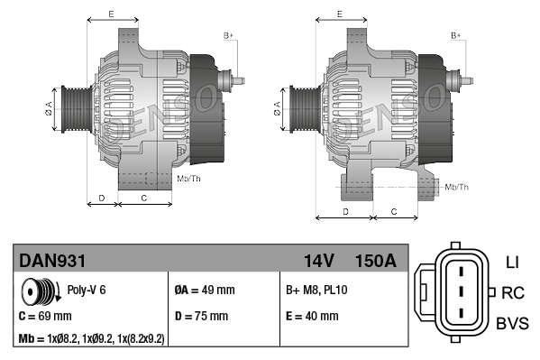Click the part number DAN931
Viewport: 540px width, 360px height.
pyautogui.click(x=52, y=261)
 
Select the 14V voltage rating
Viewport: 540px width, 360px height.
pyautogui.click(x=319, y=261)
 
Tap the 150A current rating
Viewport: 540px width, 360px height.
pyautogui.click(x=376, y=261)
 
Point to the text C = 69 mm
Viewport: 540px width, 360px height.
pyautogui.click(x=44, y=317)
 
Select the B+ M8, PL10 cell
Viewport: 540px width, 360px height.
pyautogui.click(x=316, y=291)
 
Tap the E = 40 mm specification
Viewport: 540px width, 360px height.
pyautogui.click(x=312, y=317)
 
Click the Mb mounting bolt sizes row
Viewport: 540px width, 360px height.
pyautogui.click(x=91, y=339)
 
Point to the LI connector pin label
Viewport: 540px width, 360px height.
pyautogui.click(x=512, y=263)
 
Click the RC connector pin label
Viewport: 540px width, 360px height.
pyautogui.click(x=512, y=292)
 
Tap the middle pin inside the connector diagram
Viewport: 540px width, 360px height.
pyautogui.click(x=459, y=292)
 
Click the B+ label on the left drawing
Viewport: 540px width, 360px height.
pyautogui.click(x=228, y=35)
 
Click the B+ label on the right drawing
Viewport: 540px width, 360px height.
pyautogui.click(x=456, y=35)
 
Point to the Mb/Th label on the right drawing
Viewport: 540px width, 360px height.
pyautogui.click(x=457, y=187)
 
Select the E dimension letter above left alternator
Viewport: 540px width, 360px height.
pyautogui.click(x=110, y=14)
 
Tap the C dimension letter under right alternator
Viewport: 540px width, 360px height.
pyautogui.click(x=393, y=211)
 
